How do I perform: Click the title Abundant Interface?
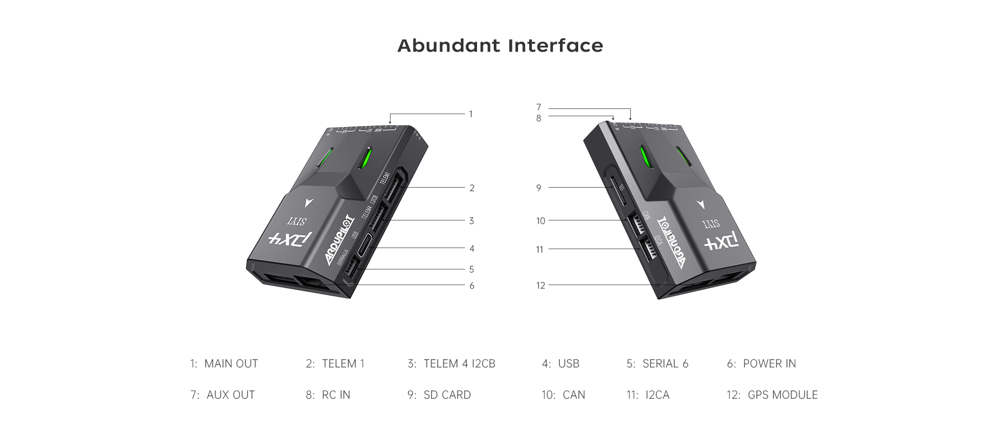tap(500, 46)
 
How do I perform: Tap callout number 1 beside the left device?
tap(471, 114)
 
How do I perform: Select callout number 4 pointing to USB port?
tap(472, 249)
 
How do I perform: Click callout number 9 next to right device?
tap(539, 188)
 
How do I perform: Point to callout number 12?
tap(541, 286)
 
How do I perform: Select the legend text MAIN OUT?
tap(231, 364)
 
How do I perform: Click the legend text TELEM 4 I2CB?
tap(459, 364)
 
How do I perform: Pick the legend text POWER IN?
tap(769, 364)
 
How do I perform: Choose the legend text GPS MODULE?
tap(782, 395)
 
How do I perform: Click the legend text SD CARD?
tap(447, 395)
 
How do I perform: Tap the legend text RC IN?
tap(336, 395)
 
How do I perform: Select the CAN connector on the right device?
tap(634, 225)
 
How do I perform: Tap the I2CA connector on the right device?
tap(647, 250)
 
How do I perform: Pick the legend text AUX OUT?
tap(230, 395)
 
